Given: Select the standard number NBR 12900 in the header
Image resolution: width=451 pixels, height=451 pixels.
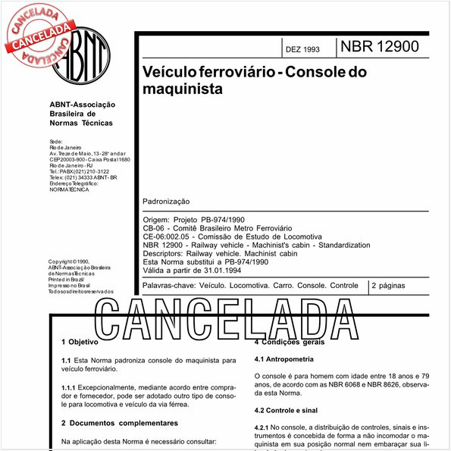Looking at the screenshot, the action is pyautogui.click(x=379, y=47).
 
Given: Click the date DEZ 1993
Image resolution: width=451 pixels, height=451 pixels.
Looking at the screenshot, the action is pyautogui.click(x=302, y=50).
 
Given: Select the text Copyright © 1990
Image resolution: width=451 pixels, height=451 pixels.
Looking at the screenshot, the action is pyautogui.click(x=69, y=262).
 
